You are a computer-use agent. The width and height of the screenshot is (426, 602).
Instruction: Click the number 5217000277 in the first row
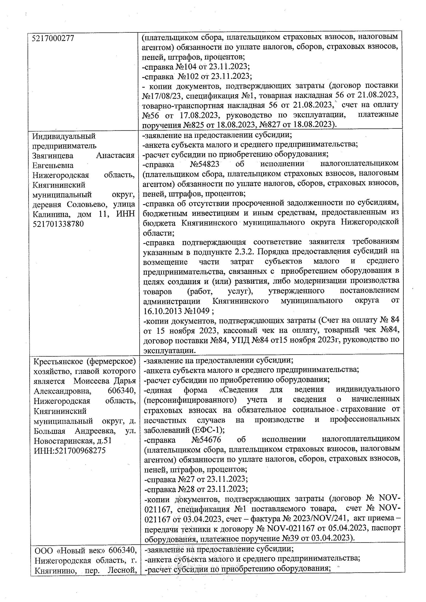click(x=53, y=38)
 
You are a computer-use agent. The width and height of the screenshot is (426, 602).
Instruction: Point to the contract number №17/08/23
click(x=162, y=96)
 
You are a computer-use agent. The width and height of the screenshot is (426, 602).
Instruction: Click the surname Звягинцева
click(x=53, y=156)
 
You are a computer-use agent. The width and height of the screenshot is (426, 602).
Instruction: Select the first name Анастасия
click(x=116, y=156)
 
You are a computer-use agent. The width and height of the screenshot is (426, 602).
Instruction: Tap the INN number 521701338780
click(x=58, y=224)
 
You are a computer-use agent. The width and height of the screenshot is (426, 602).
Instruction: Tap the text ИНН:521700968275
click(x=70, y=450)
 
